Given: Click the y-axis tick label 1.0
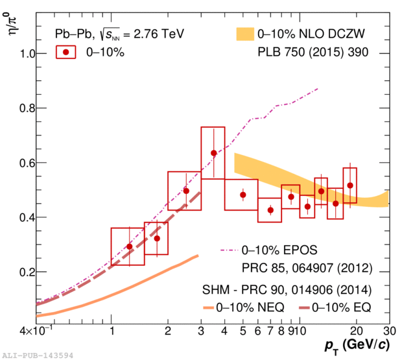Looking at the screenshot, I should [23, 54].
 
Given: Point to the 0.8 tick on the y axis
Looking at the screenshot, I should [23, 108].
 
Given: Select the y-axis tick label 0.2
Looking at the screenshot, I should [23, 272].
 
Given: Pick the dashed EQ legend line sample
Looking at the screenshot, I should [294, 305].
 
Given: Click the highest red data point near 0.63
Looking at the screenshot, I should [213, 153].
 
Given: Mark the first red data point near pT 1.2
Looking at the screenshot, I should [129, 246].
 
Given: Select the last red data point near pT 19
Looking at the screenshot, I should [350, 186].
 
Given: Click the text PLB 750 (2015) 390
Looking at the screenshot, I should [313, 53].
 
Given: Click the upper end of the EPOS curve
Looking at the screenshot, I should [318, 89].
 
